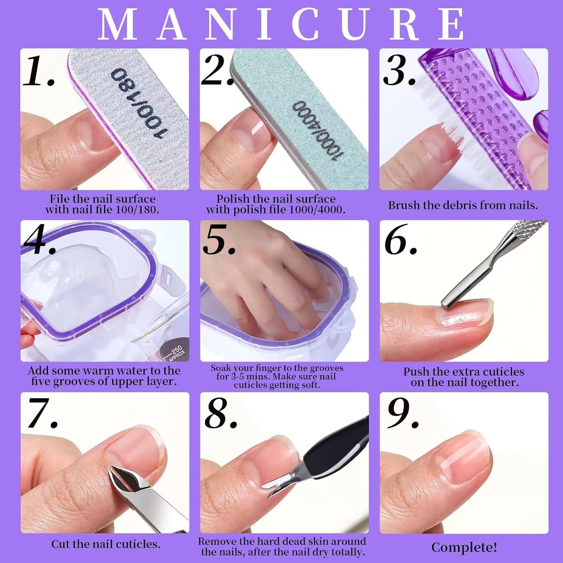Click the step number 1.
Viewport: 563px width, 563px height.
click(38, 71)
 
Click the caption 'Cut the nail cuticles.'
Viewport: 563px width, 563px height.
click(106, 544)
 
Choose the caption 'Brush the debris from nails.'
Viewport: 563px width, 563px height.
click(463, 205)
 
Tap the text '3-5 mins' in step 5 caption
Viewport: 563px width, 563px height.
click(242, 376)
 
